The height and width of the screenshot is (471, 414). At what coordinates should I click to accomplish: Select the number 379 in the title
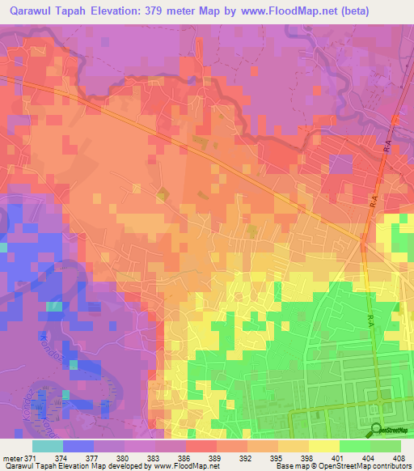click(186, 10)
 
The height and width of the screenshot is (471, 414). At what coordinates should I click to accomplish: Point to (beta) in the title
click(390, 10)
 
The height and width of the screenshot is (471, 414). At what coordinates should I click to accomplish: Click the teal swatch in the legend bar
click(48, 446)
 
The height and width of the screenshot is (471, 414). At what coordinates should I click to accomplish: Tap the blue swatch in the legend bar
click(78, 446)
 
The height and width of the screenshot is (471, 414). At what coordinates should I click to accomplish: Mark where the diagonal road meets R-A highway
click(361, 240)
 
